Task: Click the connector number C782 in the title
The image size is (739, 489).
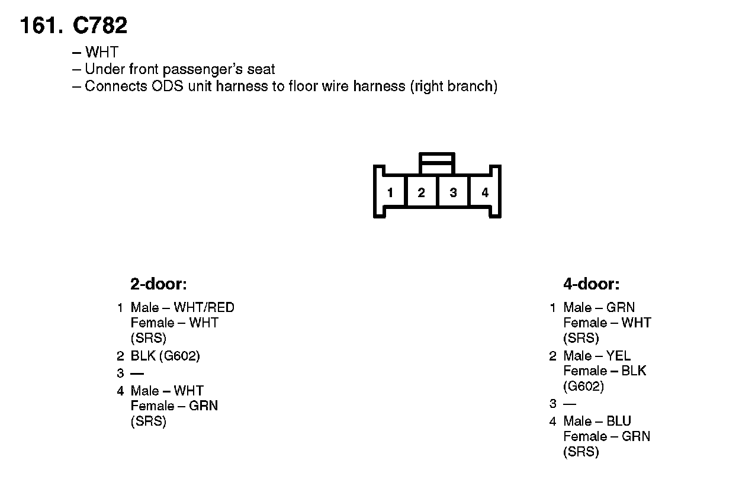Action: point(99,25)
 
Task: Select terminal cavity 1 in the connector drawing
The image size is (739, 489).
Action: point(390,192)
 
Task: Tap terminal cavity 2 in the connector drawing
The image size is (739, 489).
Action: point(421,192)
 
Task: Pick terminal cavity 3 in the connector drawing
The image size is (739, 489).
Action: point(453,192)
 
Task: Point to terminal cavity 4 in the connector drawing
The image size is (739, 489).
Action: point(485,192)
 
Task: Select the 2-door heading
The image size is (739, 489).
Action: point(158,284)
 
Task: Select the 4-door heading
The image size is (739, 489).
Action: point(591,284)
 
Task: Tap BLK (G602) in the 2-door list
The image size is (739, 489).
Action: point(165,356)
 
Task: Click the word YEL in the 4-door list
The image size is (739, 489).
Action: point(618,356)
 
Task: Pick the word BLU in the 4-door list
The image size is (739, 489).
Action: point(619,422)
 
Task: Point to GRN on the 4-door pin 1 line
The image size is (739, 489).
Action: point(620,308)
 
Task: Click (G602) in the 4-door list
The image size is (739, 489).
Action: point(583,387)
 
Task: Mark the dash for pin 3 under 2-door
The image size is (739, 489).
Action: point(137,374)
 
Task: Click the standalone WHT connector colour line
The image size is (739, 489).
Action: point(101,53)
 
